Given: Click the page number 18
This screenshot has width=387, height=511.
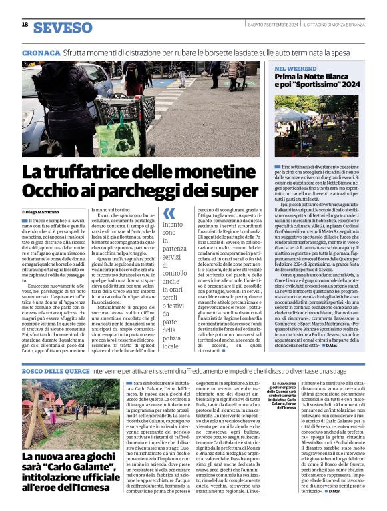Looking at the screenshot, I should click(x=25, y=25).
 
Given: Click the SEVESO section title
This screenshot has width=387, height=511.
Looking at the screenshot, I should click(x=63, y=27).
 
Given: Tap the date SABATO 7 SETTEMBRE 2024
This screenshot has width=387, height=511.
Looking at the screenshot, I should click(x=271, y=25).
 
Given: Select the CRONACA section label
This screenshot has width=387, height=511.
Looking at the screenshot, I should click(x=43, y=52).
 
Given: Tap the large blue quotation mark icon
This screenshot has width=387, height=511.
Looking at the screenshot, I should click(x=170, y=213).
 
